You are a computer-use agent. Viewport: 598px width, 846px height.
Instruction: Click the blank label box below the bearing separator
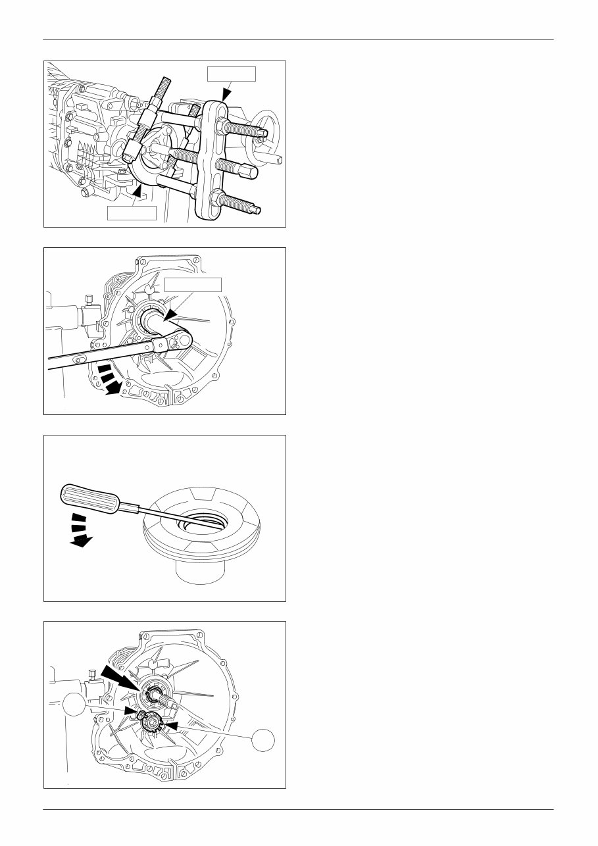[132, 213]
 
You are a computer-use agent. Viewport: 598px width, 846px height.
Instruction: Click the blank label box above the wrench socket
[193, 284]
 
